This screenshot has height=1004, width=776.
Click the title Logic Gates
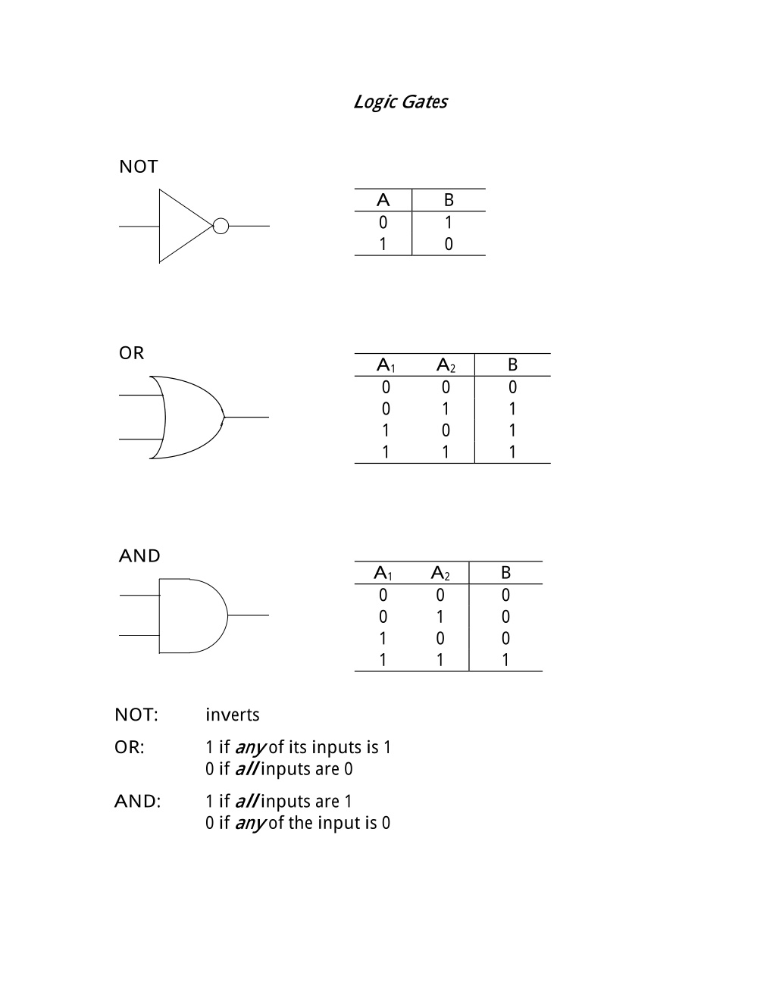click(x=400, y=102)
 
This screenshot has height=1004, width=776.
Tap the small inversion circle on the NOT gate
click(x=221, y=226)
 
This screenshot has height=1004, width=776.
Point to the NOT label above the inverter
click(x=139, y=167)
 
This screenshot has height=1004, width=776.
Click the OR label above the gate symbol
click(x=132, y=353)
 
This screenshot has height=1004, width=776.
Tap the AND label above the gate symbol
click(x=139, y=556)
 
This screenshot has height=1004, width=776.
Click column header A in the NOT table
click(x=383, y=200)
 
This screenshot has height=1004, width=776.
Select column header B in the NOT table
click(x=449, y=200)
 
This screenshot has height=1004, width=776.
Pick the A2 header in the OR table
click(x=446, y=365)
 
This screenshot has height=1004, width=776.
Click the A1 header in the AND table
click(x=383, y=573)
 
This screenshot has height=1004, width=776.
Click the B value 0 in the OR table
click(x=513, y=387)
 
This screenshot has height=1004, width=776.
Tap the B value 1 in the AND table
click(x=505, y=660)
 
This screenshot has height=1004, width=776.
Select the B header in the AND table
click(x=505, y=573)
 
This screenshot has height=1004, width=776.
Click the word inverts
click(x=233, y=715)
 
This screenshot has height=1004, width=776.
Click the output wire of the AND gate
click(x=248, y=615)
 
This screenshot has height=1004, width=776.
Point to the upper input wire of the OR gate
click(x=141, y=395)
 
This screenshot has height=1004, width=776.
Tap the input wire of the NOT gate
click(x=139, y=227)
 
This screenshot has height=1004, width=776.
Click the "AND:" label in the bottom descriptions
click(x=138, y=802)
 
